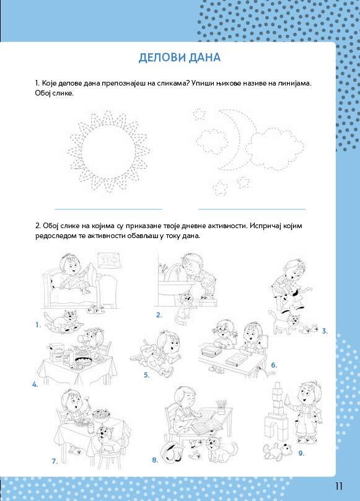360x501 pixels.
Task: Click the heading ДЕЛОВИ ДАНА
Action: [x=180, y=58]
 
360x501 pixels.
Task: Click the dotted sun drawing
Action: [x=108, y=152]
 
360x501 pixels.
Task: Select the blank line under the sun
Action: [x=108, y=210]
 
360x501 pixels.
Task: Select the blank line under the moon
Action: [x=252, y=210]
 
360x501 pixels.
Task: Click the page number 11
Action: [x=338, y=486]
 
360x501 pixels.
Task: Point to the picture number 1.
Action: [x=38, y=325]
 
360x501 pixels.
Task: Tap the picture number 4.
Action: [x=35, y=384]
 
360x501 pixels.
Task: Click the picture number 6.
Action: [x=274, y=365]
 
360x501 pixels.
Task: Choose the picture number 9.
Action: [x=301, y=453]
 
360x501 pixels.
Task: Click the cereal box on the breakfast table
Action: [x=56, y=352]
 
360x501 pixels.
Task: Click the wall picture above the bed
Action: [x=108, y=261]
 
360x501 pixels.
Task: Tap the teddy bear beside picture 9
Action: [x=277, y=451]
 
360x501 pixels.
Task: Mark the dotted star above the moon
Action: [x=200, y=113]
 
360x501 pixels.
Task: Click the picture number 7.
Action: [x=55, y=461]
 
